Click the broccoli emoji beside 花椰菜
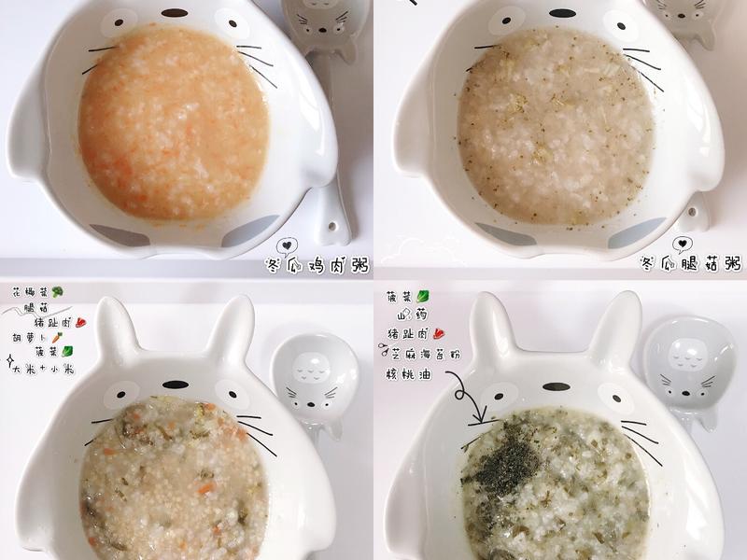(x=58, y=291)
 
